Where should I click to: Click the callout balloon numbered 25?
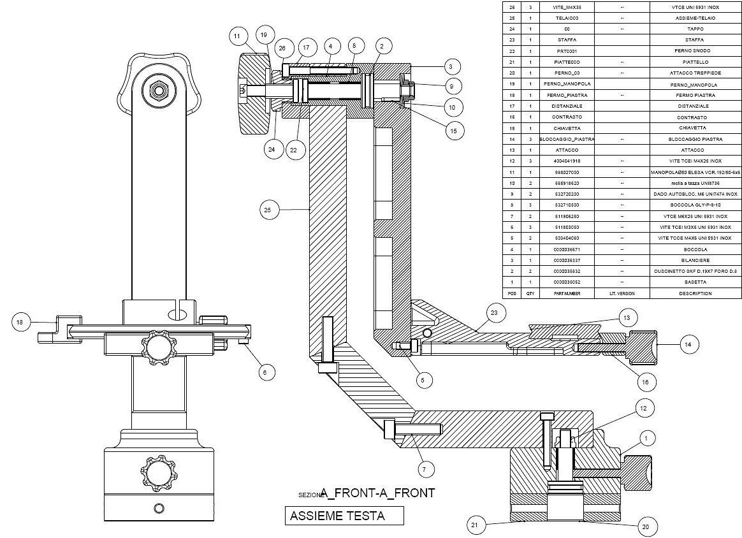pos(270,210)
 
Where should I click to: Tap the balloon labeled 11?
pos(237,37)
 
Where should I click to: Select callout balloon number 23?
pos(495,312)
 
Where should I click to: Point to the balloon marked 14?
pos(687,344)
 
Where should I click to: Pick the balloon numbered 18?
pos(20,323)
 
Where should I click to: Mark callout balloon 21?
pos(474,525)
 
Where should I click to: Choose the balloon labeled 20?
pos(645,527)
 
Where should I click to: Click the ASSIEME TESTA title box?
pos(344,516)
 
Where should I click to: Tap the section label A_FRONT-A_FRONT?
pos(377,493)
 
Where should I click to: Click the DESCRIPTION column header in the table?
pos(694,293)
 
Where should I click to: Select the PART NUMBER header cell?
pos(567,293)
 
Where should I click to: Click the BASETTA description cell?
pos(694,282)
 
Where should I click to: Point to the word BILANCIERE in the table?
pos(694,260)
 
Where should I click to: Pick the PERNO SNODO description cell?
pos(694,50)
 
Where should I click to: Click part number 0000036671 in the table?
pos(567,249)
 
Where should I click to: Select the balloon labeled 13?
pos(627,317)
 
